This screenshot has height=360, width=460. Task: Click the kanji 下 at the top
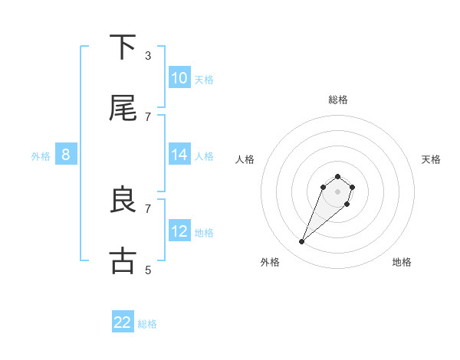[x=123, y=47]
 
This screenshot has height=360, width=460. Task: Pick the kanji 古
[x=123, y=261]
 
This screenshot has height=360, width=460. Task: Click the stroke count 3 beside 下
[x=148, y=55]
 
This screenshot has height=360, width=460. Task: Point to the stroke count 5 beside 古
[x=148, y=270]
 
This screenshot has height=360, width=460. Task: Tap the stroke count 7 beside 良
[x=148, y=208]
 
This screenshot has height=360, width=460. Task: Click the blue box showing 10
[x=179, y=78]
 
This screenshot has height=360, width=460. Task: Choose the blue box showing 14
[x=179, y=155]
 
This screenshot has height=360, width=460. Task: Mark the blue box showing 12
[x=179, y=231]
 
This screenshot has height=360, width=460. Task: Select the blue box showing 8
[x=66, y=155]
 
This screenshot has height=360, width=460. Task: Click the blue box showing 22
[x=123, y=322]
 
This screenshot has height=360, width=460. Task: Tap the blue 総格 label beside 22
[x=147, y=324]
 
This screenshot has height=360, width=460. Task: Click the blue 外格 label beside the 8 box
[x=41, y=156]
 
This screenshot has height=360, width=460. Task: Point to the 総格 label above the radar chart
[x=338, y=100]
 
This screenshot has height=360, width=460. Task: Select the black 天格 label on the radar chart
[x=431, y=159]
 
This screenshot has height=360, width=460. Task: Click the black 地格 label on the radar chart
[x=402, y=262]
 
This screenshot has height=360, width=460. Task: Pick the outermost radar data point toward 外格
[x=302, y=242]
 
